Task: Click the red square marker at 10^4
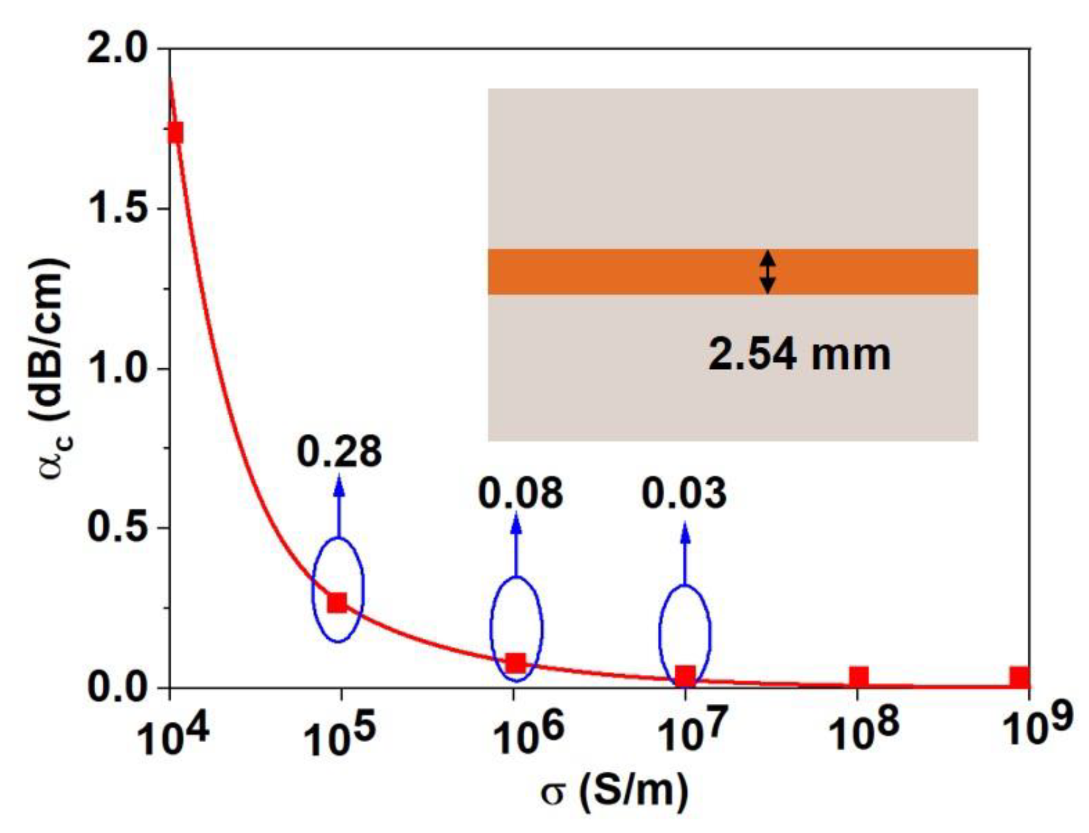[176, 132]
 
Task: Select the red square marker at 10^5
[337, 602]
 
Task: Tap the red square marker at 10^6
[515, 663]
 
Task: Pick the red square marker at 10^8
[858, 677]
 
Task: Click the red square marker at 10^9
[1020, 677]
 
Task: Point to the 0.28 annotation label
[339, 452]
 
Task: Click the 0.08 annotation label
[520, 493]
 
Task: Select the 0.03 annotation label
[683, 493]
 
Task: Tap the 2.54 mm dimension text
[799, 355]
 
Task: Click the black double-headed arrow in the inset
[767, 271]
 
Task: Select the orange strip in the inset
[618, 271]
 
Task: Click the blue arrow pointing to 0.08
[516, 547]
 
